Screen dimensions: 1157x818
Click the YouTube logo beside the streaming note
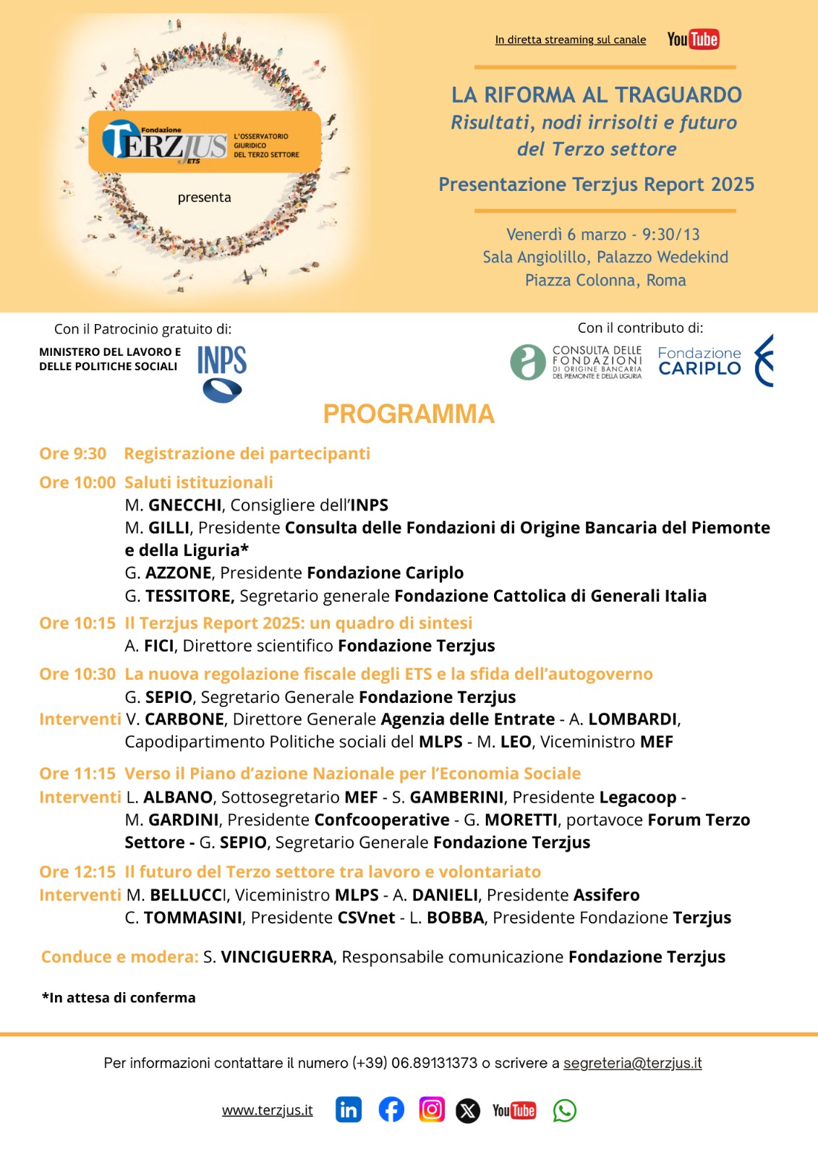693,39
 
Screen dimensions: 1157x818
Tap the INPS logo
221,372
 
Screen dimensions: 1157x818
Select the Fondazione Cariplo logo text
699,361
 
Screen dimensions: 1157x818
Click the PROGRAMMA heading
409,414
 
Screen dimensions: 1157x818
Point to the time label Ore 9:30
72,453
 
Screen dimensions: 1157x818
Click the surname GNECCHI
184,505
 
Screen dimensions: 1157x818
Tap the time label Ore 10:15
77,623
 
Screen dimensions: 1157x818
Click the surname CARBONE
184,720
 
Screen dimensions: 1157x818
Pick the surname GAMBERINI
456,797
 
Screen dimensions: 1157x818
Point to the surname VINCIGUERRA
277,957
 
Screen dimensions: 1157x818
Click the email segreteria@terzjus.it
632,1063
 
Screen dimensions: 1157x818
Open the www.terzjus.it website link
267,1110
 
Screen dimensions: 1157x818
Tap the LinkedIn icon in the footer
349,1110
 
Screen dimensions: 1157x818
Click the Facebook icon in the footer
391,1110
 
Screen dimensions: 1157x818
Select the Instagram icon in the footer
432,1109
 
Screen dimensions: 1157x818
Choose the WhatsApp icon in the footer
564,1111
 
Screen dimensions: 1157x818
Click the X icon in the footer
468,1111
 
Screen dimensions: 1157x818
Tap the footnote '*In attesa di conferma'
119,998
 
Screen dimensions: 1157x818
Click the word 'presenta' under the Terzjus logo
205,197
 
